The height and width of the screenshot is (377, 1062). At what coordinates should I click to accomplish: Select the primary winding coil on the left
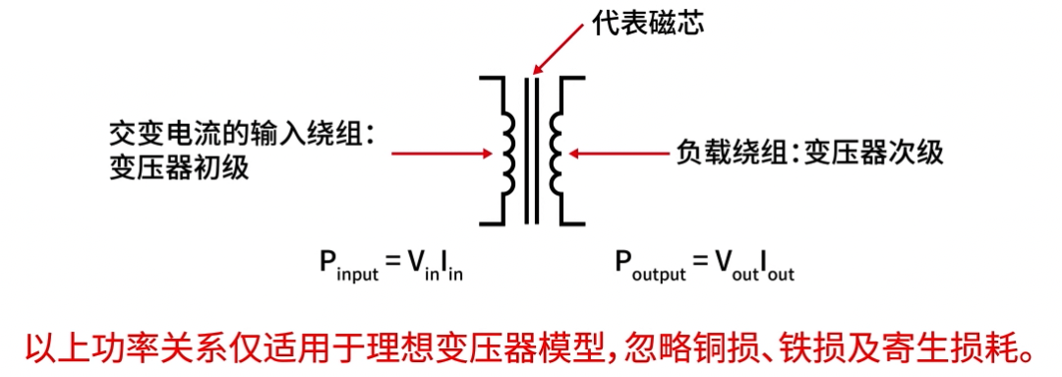pos(508,154)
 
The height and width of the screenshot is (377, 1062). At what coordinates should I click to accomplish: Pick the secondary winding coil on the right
pos(555,154)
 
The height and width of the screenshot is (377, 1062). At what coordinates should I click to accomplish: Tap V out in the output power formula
pos(737,264)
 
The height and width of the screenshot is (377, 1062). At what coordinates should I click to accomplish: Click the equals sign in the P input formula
pos(392,262)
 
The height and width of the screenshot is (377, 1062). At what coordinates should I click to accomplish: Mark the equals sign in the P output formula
pos(702,262)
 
